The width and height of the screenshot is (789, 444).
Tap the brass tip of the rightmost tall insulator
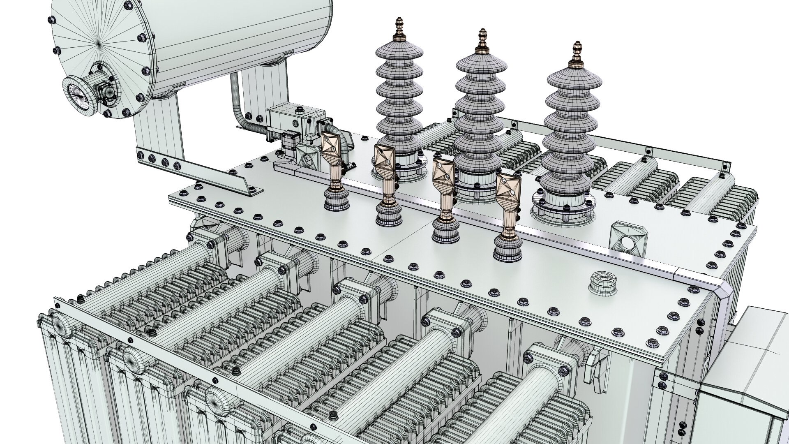[577, 53]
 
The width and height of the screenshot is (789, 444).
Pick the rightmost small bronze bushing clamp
[508, 192]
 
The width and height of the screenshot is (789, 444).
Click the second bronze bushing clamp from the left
[384, 162]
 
